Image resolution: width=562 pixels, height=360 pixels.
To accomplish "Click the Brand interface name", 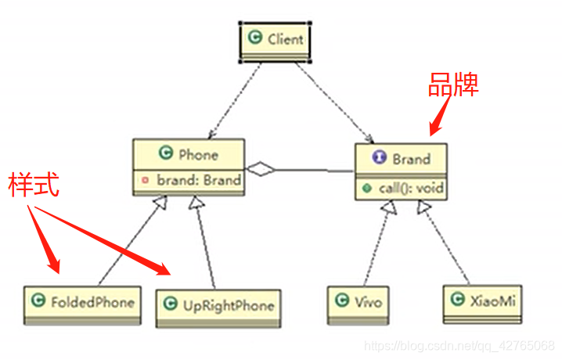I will (x=411, y=159).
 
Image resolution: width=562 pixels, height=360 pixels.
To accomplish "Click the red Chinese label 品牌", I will (x=452, y=85).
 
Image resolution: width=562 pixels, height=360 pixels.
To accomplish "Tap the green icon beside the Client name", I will (x=254, y=37).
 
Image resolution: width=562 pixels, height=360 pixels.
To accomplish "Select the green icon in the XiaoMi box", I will (x=456, y=298).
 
